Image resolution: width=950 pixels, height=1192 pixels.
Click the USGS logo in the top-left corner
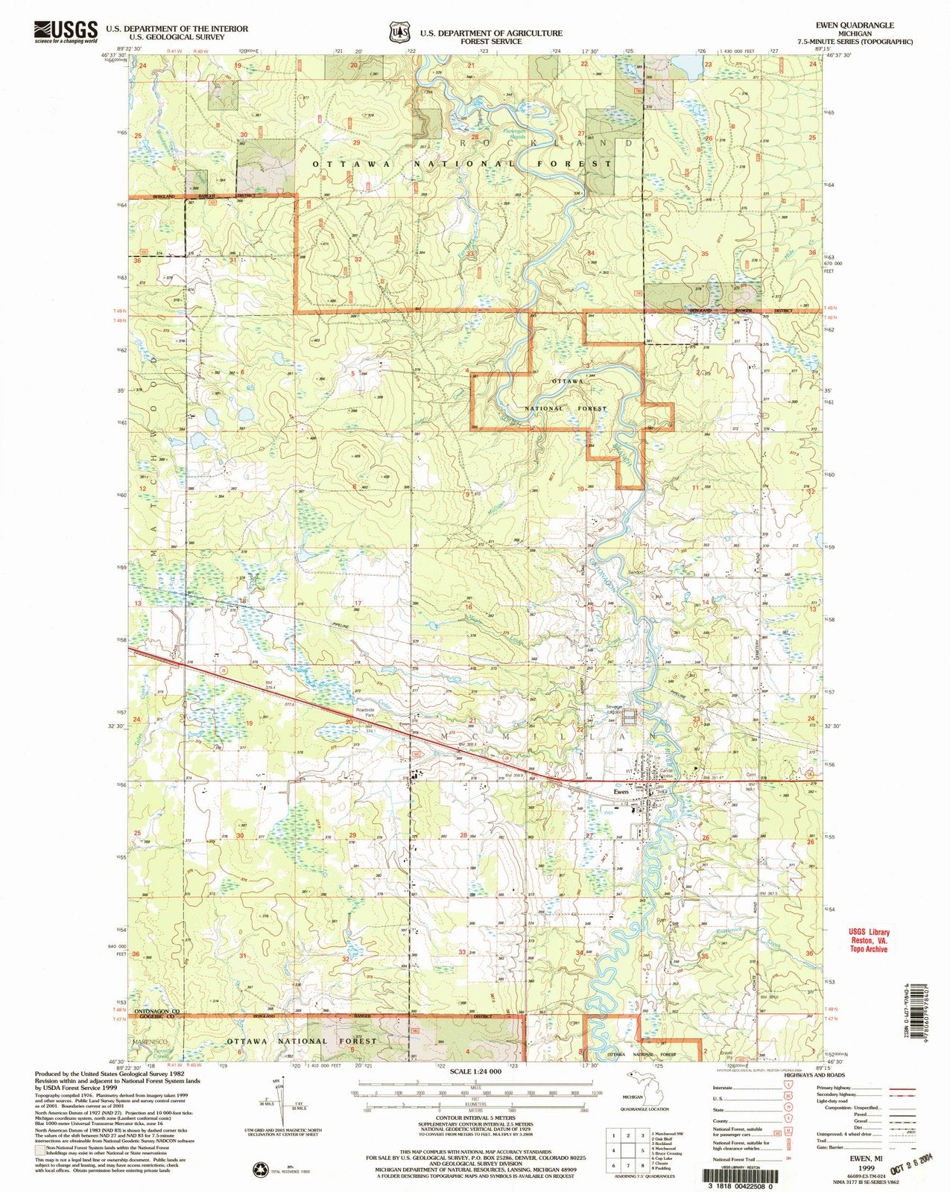click(66, 31)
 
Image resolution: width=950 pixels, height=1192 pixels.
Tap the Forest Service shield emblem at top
click(400, 32)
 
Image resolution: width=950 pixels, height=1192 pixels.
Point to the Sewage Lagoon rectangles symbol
click(630, 717)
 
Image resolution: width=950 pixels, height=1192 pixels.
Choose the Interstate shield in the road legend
click(788, 1088)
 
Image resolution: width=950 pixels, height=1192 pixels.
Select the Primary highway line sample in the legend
click(902, 1088)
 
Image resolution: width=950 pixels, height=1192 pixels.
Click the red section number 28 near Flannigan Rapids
click(473, 138)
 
